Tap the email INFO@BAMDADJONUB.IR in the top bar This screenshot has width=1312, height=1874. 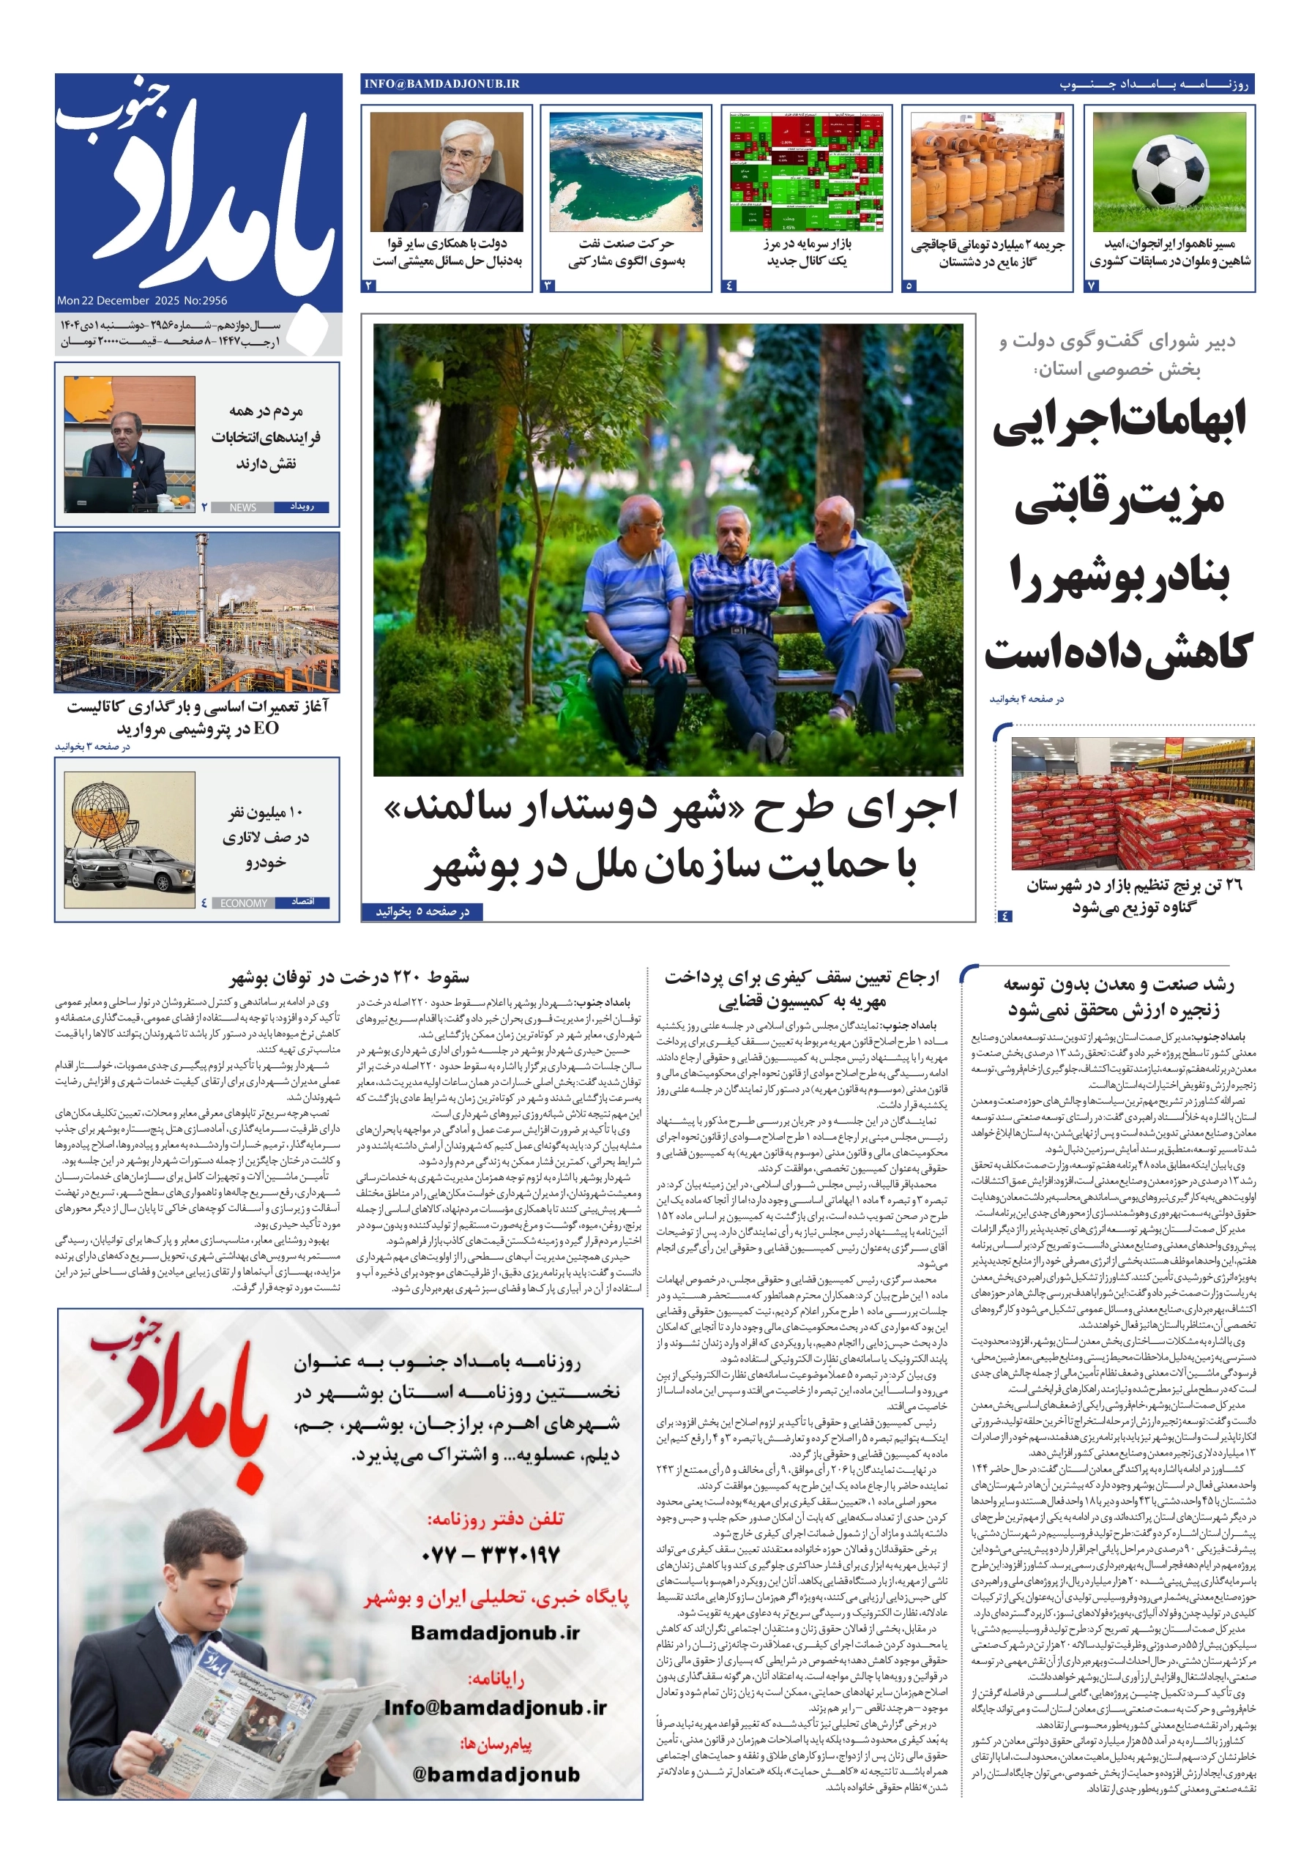pos(441,84)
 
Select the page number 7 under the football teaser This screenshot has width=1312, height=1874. pos(1092,285)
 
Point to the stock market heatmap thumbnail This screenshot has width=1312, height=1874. pos(806,171)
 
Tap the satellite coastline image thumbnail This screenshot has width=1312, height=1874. pos(625,171)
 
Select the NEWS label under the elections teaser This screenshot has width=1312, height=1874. pos(242,507)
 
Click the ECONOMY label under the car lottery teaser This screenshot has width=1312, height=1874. pos(243,903)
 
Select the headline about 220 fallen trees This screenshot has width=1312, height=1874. pos(348,977)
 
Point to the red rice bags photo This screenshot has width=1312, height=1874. pos(1132,804)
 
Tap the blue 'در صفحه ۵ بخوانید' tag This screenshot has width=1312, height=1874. pos(422,911)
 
